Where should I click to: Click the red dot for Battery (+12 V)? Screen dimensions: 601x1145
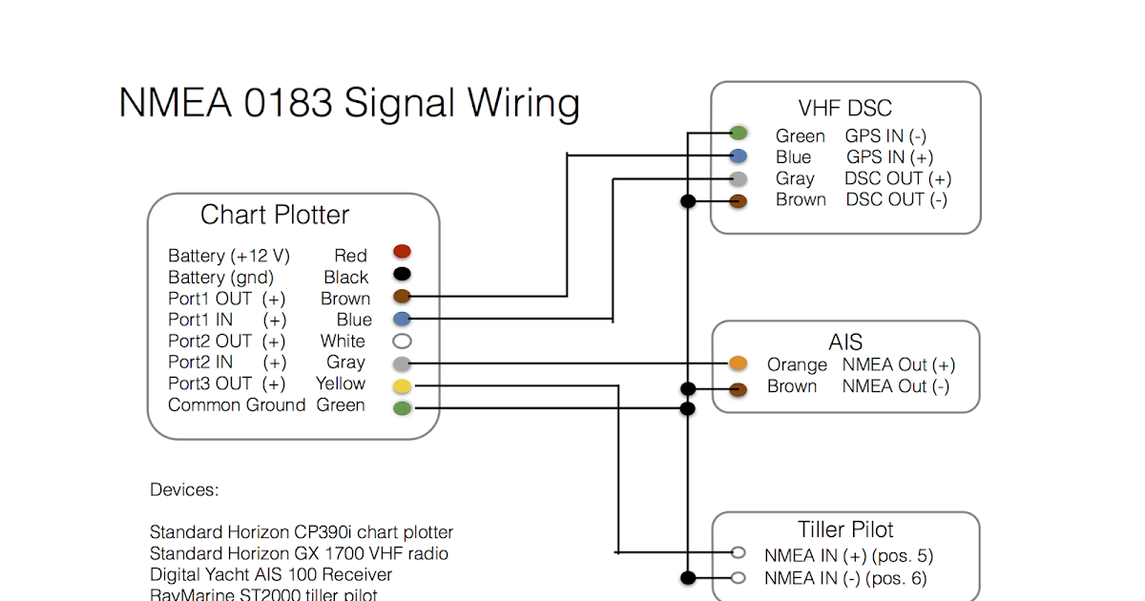point(402,252)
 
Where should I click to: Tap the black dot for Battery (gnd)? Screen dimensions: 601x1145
point(402,274)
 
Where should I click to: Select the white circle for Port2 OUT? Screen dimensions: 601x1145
point(402,341)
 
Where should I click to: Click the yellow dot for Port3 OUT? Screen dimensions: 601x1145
point(402,385)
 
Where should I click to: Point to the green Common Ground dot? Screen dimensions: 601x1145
point(402,407)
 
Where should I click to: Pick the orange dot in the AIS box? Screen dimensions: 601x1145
point(738,363)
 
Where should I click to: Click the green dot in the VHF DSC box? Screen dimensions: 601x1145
point(738,133)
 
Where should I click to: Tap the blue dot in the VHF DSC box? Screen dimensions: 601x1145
point(738,155)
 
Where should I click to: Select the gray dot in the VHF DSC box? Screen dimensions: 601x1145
point(738,178)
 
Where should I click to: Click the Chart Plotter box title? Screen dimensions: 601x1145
point(275,215)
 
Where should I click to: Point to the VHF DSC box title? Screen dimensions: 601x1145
point(844,108)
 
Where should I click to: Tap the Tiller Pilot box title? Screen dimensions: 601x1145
point(845,529)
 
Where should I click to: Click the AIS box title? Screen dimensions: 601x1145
point(845,342)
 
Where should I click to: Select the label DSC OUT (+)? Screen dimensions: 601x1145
point(897,178)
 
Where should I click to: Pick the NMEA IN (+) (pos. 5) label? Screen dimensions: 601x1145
point(848,555)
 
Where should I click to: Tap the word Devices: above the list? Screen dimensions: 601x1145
point(184,490)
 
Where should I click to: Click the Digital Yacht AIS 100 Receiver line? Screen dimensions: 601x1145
point(271,574)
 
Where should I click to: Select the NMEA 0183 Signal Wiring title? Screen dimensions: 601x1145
point(349,102)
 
